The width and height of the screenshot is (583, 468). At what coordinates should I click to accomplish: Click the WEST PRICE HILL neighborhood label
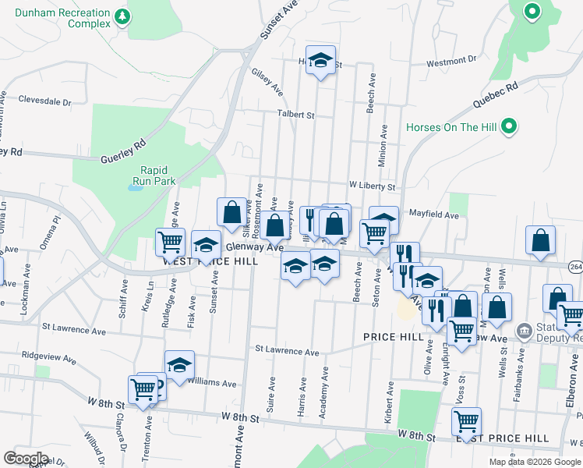210,262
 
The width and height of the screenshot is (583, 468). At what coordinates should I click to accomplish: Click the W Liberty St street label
373,187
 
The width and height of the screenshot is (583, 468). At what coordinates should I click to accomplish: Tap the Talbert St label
297,114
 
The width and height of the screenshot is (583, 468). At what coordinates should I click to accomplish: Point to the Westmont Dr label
451,60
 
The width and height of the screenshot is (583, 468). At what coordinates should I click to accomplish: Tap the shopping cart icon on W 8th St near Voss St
466,421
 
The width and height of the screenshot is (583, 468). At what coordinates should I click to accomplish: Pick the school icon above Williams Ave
179,364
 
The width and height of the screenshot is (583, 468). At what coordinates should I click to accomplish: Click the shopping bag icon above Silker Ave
232,211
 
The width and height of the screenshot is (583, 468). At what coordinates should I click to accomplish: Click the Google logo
26,459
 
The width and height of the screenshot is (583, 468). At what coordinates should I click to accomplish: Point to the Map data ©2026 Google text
535,462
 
